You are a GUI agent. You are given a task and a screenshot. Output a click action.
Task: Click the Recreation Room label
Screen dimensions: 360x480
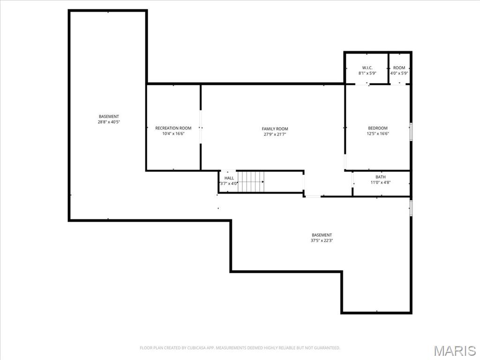tap(173, 128)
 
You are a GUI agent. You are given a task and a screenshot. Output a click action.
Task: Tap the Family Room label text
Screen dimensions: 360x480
tap(275, 128)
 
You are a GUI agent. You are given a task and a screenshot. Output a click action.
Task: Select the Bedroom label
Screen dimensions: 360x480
tap(377, 128)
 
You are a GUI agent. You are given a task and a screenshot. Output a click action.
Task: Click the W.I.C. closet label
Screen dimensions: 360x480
tap(367, 67)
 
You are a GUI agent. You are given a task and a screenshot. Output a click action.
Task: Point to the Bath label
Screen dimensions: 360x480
tap(380, 177)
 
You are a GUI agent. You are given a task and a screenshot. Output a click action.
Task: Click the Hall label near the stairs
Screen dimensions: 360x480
tap(229, 178)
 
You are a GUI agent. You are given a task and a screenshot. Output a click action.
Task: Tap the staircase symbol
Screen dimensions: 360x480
tap(251, 181)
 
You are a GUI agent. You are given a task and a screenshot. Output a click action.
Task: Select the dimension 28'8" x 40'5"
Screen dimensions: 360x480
tap(108, 122)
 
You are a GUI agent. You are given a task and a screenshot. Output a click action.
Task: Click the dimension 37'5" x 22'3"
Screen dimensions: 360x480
tap(322, 240)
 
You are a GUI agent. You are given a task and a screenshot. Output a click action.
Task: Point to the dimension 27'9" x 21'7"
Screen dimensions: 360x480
tap(275, 134)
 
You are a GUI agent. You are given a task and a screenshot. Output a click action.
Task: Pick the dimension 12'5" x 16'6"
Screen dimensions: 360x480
tap(377, 134)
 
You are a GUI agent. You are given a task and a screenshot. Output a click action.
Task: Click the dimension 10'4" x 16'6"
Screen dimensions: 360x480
tap(173, 134)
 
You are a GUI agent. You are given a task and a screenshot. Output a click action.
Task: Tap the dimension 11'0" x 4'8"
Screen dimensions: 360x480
tap(380, 182)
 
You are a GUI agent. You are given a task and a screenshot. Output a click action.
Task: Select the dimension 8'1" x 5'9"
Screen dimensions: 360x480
tap(367, 73)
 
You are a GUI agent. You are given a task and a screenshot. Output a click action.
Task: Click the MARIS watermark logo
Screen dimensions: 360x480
tap(454, 351)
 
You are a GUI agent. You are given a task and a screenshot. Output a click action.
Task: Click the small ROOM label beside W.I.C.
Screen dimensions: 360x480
tap(399, 67)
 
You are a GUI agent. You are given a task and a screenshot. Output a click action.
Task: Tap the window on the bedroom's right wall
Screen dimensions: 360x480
tap(411, 131)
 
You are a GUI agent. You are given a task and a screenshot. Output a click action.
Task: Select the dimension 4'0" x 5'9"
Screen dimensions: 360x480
tap(399, 73)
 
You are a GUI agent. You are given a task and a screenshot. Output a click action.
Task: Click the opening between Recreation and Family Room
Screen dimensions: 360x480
tap(201, 127)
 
